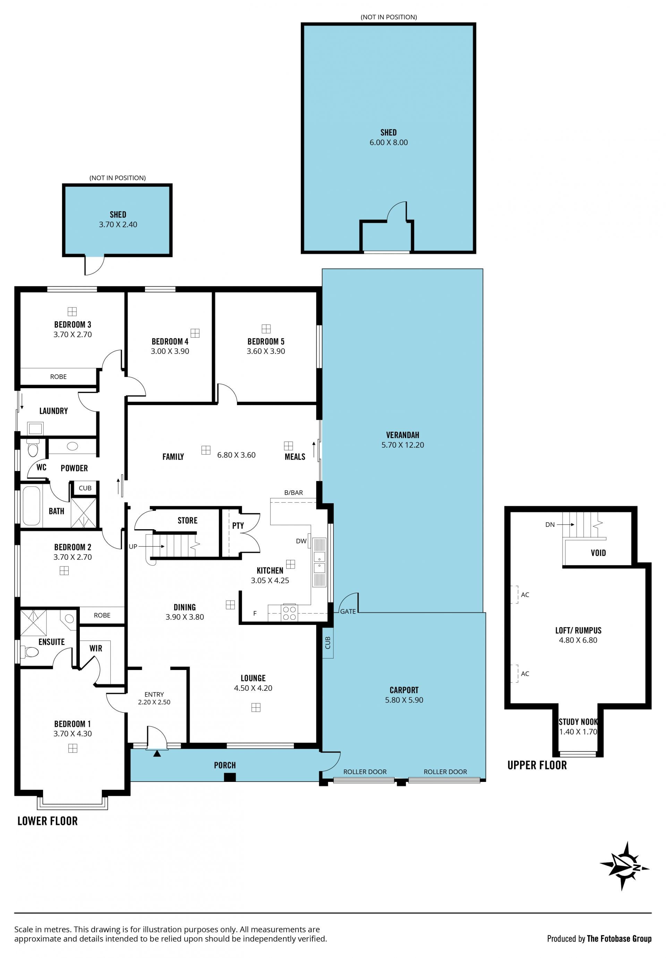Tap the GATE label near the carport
[x=348, y=611]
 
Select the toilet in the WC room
[x=33, y=448]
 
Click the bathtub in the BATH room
[x=31, y=506]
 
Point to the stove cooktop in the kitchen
[x=289, y=613]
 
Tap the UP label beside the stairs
[x=133, y=547]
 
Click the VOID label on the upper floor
[x=598, y=553]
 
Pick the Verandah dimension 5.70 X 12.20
[x=402, y=445]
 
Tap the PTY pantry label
[x=238, y=526]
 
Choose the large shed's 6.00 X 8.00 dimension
[x=388, y=142]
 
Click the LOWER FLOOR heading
[x=48, y=821]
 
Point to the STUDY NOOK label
[x=578, y=722]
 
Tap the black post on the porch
[x=230, y=777]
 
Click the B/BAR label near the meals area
[x=293, y=492]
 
